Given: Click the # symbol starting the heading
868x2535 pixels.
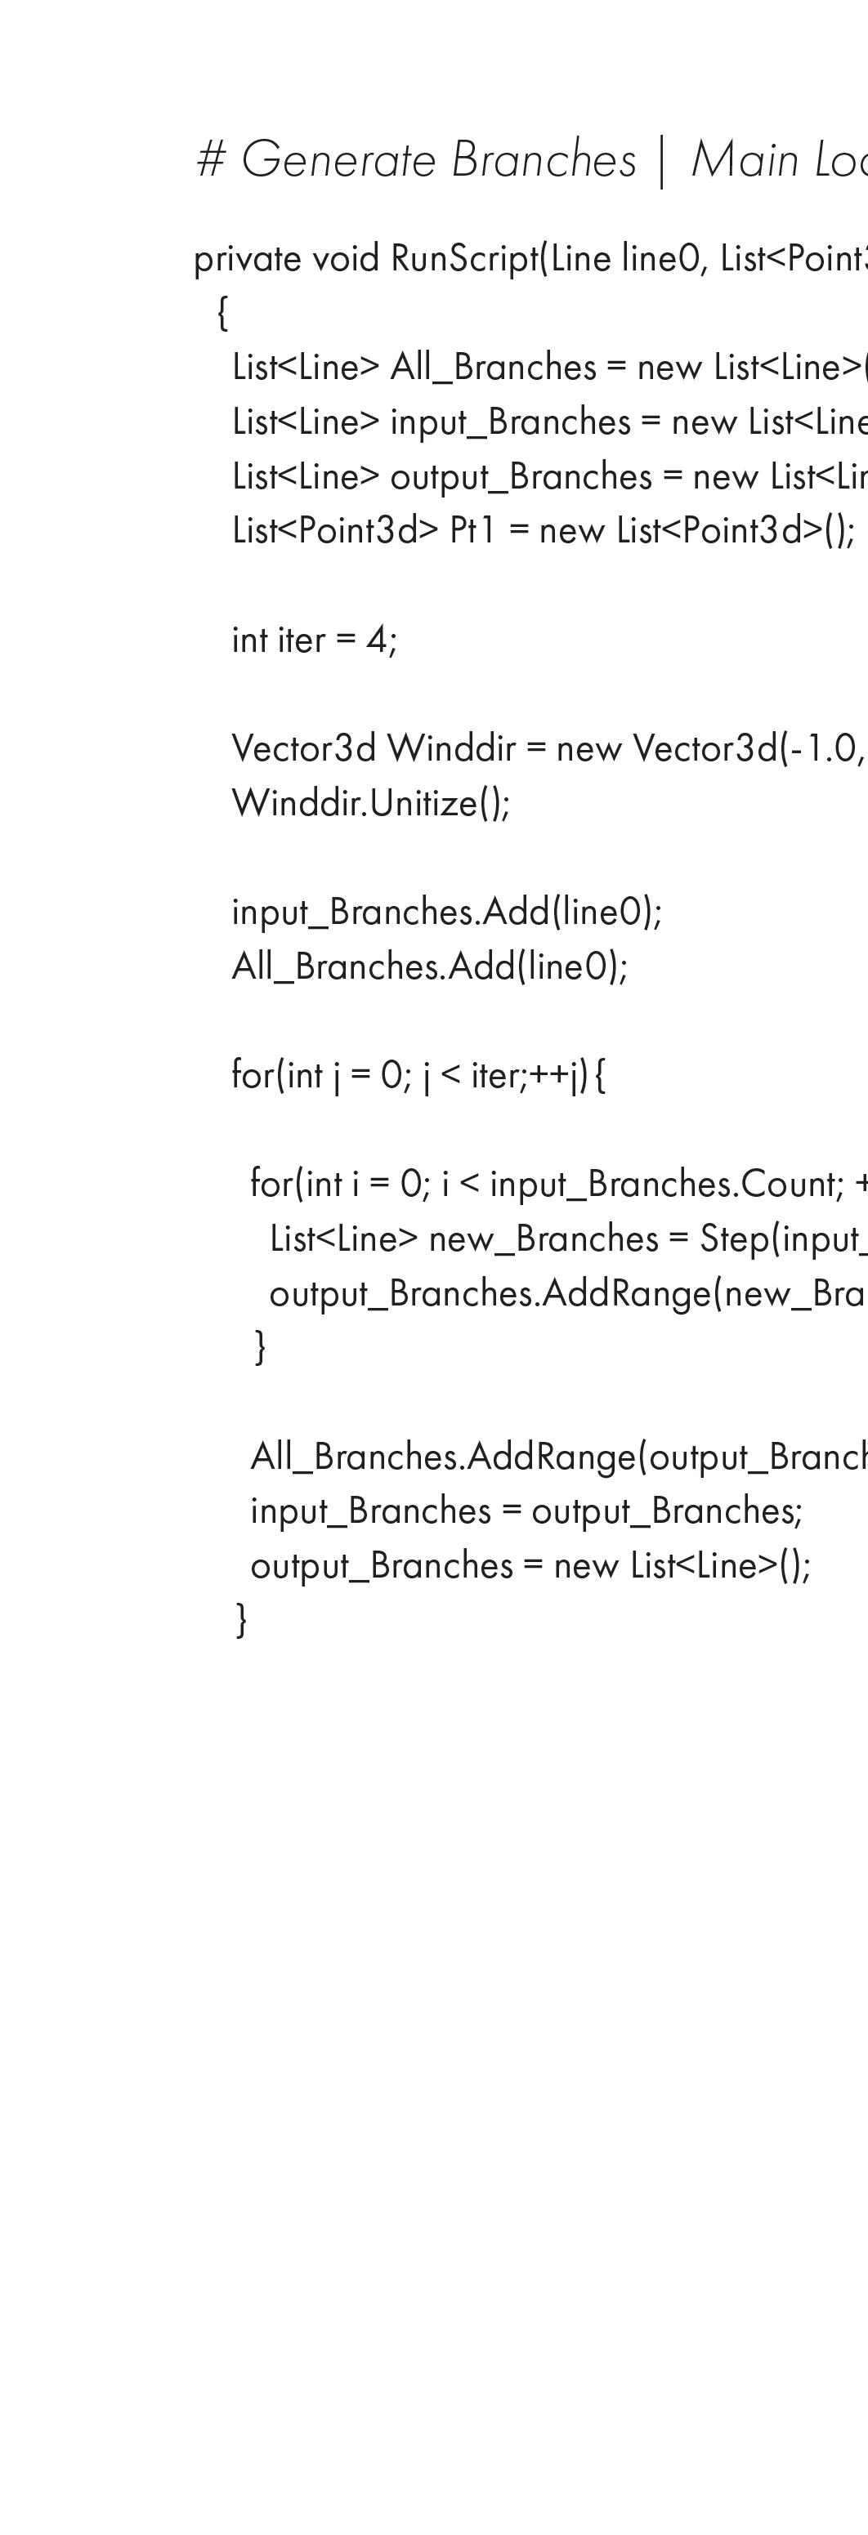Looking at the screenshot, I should pyautogui.click(x=211, y=160).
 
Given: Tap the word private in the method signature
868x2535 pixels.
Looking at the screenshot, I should pyautogui.click(x=247, y=260).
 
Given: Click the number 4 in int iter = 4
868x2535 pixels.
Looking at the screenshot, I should pyautogui.click(x=377, y=640).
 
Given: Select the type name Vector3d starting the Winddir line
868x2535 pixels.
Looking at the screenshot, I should pyautogui.click(x=303, y=750).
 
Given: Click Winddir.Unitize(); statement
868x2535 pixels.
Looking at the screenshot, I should pyautogui.click(x=371, y=804).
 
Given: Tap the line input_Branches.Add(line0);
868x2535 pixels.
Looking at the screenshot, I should pyautogui.click(x=447, y=913).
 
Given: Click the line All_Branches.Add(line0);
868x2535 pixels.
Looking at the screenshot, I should pyautogui.click(x=429, y=967).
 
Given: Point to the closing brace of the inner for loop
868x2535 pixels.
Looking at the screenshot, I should pyautogui.click(x=260, y=1347).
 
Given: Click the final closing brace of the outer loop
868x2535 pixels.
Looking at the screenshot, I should pyautogui.click(x=241, y=1620).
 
